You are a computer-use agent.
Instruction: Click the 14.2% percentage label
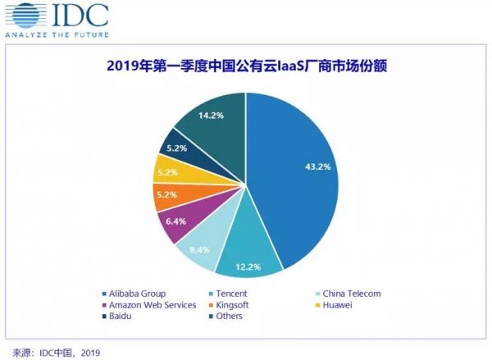coord(210,116)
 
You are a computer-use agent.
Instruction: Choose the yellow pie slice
coord(171,172)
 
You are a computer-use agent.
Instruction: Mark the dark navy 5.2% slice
coord(179,149)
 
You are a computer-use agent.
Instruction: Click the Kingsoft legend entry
coord(238,304)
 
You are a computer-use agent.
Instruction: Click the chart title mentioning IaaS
coord(246,68)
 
